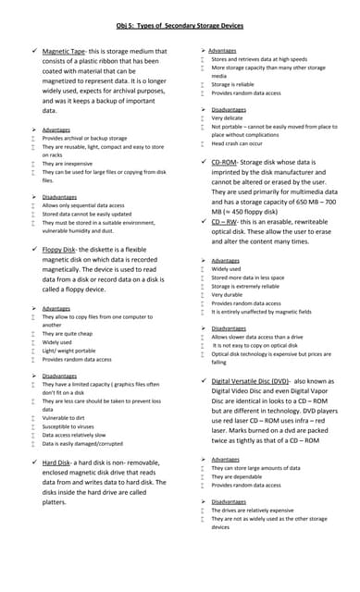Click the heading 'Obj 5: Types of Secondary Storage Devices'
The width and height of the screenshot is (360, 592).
pos(180,26)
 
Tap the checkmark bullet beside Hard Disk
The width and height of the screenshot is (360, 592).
pos(34,462)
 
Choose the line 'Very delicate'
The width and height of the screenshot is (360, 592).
pos(228,118)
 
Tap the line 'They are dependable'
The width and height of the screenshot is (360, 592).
pos(243,475)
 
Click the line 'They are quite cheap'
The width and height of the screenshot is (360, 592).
pos(68,333)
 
